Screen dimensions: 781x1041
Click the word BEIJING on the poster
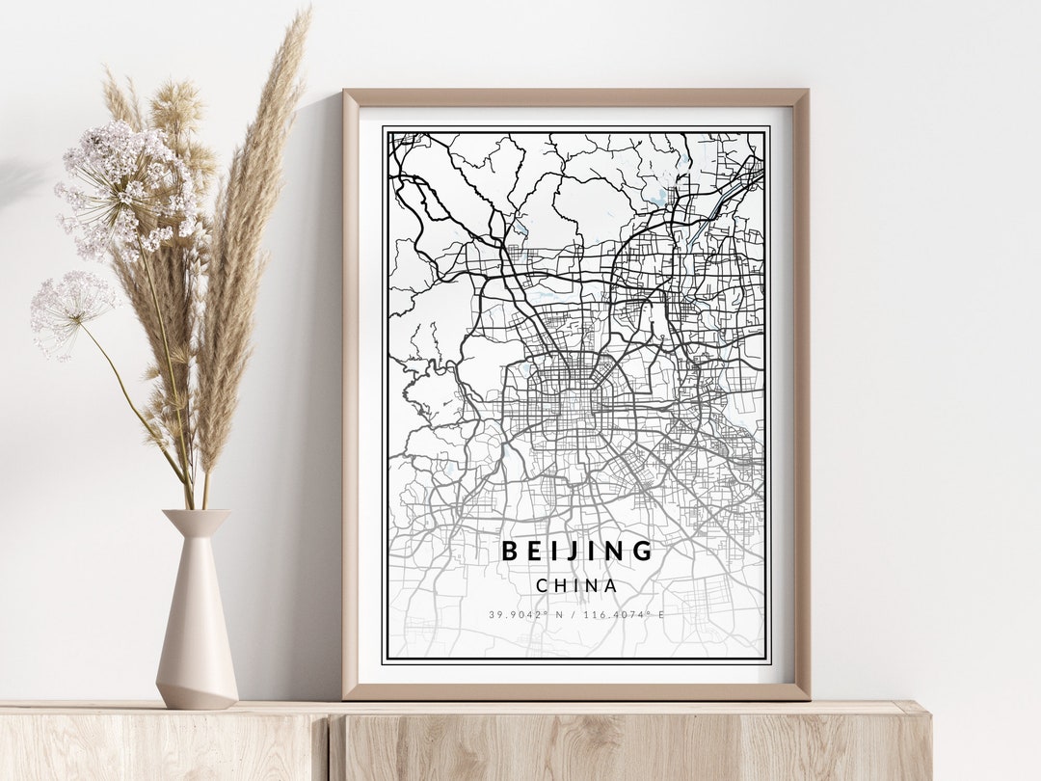576,552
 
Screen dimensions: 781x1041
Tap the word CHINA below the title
576,585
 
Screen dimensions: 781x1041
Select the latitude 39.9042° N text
525,614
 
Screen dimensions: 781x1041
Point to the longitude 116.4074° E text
623,614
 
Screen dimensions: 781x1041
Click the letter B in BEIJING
509,552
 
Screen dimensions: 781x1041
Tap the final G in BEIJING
644,552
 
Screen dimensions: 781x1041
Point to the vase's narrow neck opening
197,514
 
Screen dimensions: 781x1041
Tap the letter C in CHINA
542,585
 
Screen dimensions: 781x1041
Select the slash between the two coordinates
574,614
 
